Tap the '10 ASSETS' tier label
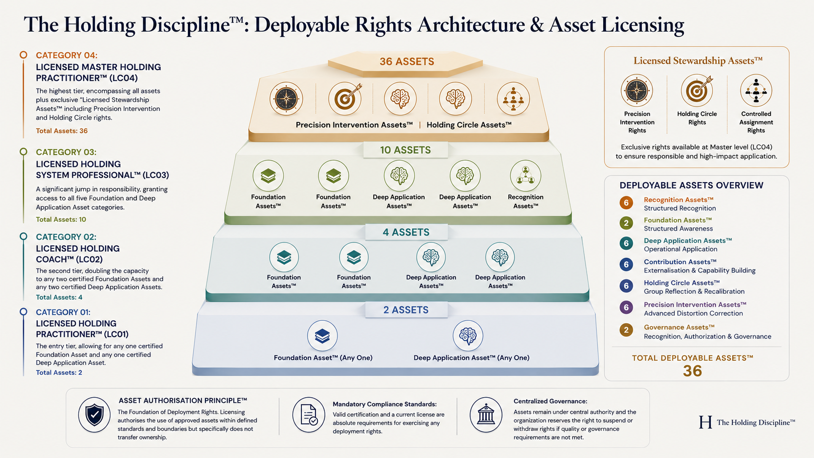click(x=405, y=150)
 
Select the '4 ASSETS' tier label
click(x=406, y=232)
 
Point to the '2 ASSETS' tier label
click(x=406, y=310)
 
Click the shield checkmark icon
click(x=94, y=414)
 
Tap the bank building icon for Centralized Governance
click(x=486, y=414)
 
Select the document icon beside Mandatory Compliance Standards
click(x=309, y=414)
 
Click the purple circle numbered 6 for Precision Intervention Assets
click(x=626, y=308)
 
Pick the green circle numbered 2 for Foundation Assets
click(x=626, y=223)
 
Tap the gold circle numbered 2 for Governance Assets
click(x=626, y=330)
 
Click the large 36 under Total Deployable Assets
click(x=692, y=371)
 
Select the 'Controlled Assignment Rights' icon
click(x=756, y=91)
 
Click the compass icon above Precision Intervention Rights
click(x=637, y=91)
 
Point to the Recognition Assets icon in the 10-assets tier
click(x=525, y=176)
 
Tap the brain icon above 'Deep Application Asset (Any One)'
click(x=468, y=336)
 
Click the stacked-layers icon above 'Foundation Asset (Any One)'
click(x=322, y=336)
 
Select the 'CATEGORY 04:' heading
click(x=67, y=55)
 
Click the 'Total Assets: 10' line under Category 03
click(x=61, y=220)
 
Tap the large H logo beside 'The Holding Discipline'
click(x=705, y=422)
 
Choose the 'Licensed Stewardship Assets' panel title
click(x=698, y=61)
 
